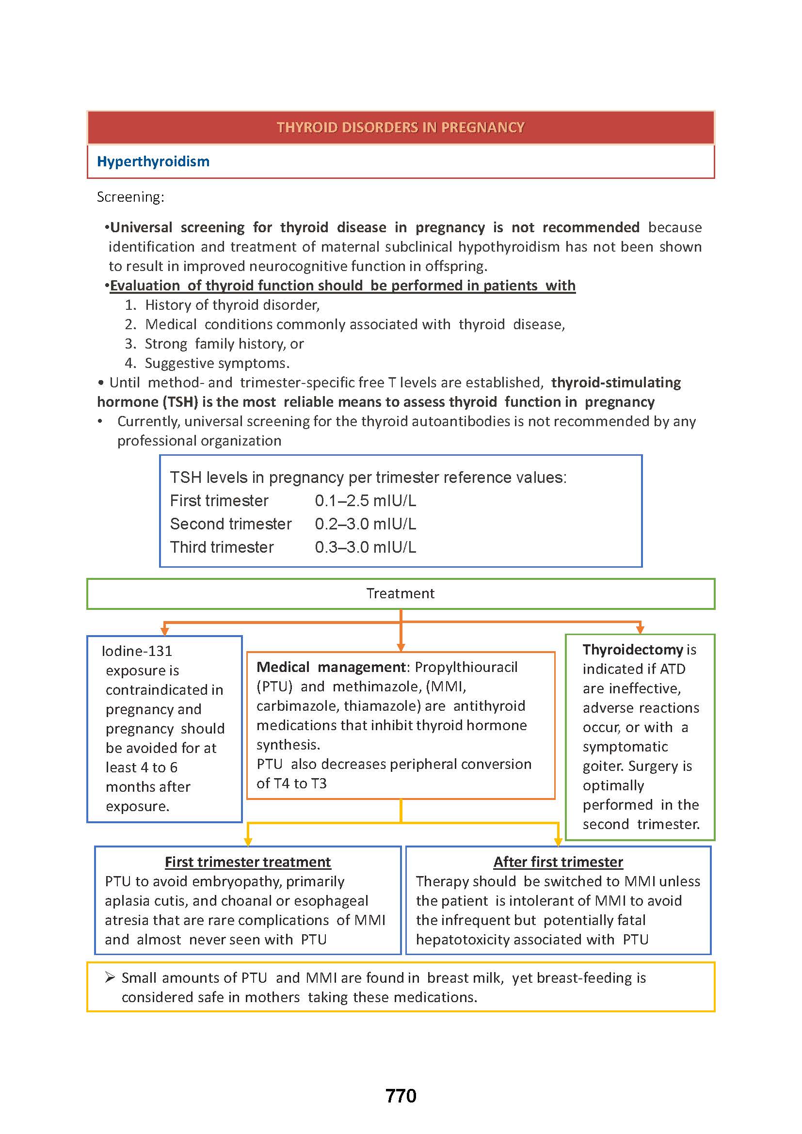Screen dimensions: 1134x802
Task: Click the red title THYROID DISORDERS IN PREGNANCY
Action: click(400, 128)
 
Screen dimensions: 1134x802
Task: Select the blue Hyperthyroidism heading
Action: click(153, 161)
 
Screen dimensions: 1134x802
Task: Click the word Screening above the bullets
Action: click(130, 197)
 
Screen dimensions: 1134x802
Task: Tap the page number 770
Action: click(401, 1096)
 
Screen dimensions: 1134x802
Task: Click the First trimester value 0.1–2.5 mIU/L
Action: click(366, 501)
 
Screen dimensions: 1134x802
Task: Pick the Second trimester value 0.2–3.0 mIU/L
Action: click(366, 524)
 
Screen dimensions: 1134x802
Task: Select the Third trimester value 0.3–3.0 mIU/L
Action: click(366, 547)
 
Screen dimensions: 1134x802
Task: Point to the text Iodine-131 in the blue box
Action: click(137, 651)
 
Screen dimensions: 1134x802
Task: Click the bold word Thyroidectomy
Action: click(633, 650)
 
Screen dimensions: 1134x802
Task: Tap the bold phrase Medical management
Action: click(330, 667)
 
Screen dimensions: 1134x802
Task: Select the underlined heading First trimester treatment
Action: click(248, 862)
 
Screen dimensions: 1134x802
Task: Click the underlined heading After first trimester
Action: click(558, 862)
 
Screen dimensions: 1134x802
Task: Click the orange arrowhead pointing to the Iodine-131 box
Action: click(165, 631)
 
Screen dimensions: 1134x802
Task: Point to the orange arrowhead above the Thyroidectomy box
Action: click(640, 630)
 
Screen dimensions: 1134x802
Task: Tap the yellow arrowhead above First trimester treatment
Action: click(248, 842)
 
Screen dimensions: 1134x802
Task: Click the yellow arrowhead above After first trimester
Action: click(558, 842)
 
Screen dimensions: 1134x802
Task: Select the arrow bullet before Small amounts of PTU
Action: click(110, 977)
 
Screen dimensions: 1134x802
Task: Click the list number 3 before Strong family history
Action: click(130, 344)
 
